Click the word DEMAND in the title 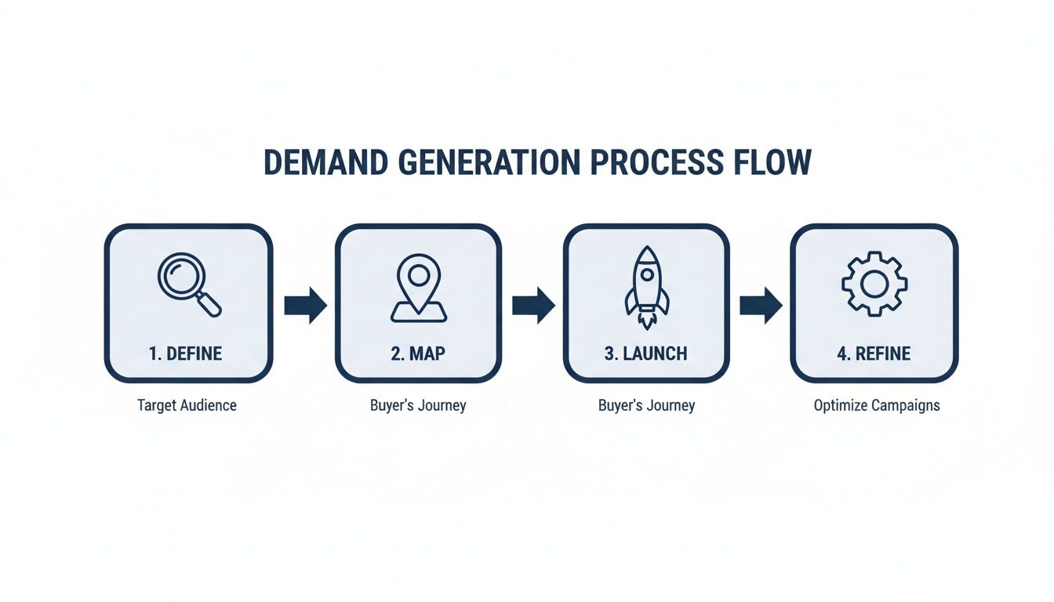click(325, 161)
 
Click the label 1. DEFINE click(185, 354)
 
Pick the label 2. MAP click(418, 354)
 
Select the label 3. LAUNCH click(645, 354)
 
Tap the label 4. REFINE click(874, 354)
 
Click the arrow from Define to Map click(305, 305)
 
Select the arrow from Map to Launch click(533, 305)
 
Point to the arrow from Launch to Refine click(761, 305)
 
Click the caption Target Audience click(187, 405)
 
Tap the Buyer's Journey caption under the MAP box click(418, 406)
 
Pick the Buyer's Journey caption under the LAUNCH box click(646, 406)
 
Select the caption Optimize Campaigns click(877, 406)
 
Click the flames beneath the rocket click(647, 321)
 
